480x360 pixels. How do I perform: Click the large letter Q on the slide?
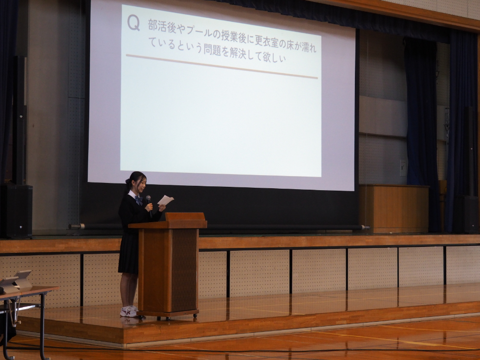click(133, 23)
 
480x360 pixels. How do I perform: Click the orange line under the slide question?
click(222, 66)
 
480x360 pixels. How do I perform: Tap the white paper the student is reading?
click(166, 200)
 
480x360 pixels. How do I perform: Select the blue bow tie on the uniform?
click(139, 200)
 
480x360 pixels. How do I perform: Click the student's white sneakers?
click(129, 311)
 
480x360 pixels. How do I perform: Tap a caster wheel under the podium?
click(195, 315)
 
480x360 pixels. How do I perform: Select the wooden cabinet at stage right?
click(394, 208)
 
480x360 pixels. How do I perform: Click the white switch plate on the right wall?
click(403, 168)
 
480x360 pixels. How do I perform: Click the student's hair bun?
click(128, 181)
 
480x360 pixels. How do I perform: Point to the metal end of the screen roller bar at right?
click(366, 228)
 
